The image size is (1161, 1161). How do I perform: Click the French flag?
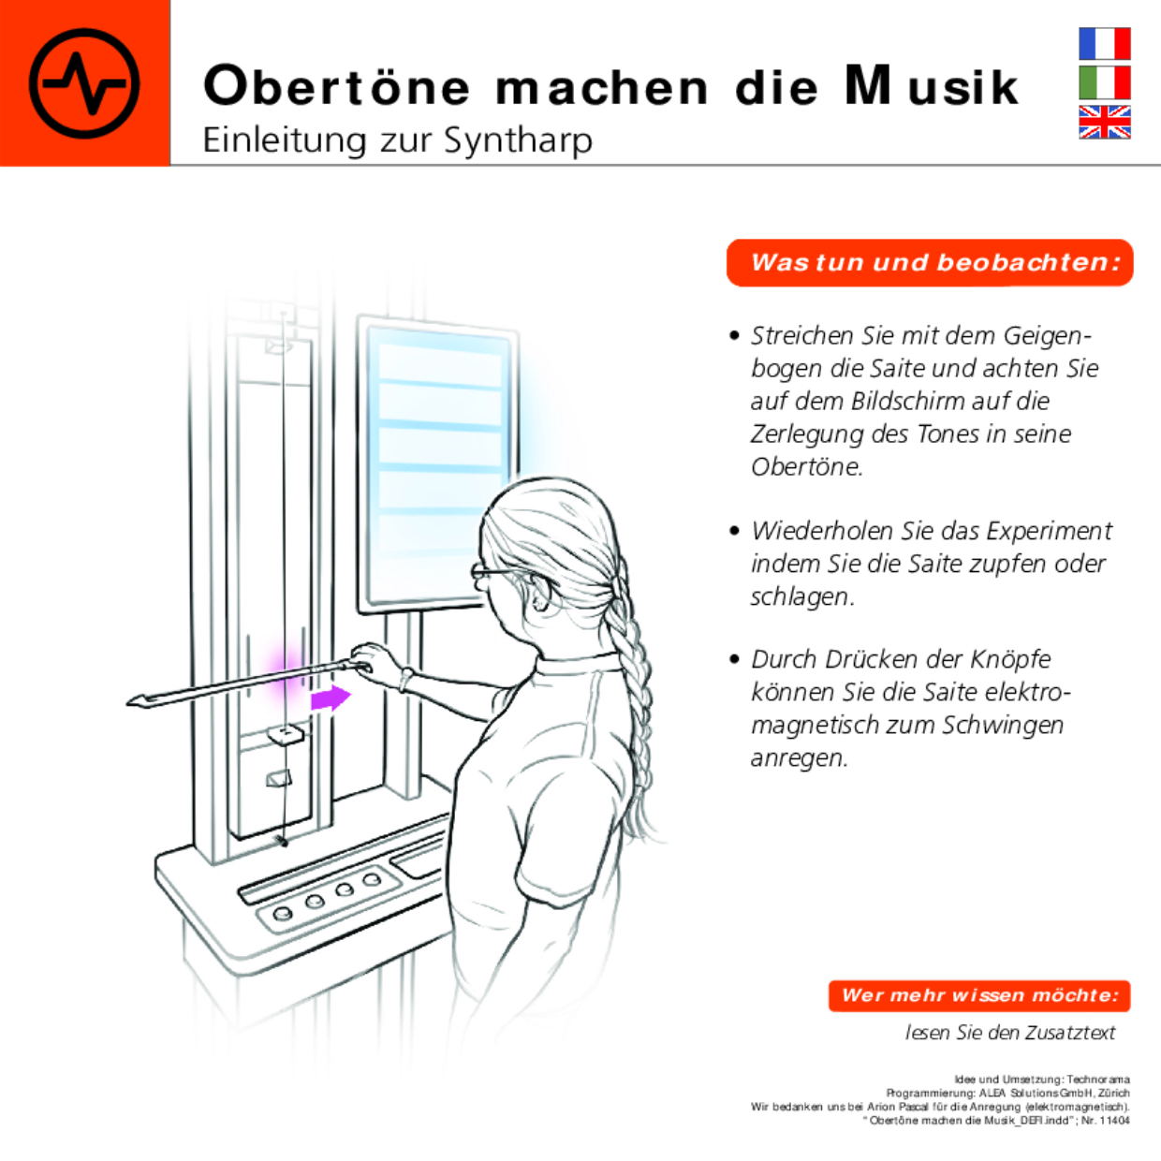pos(1104,44)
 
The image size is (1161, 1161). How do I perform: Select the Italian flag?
pos(1104,82)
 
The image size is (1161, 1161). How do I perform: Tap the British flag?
pos(1104,122)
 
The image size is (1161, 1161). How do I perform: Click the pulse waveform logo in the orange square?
pos(84,83)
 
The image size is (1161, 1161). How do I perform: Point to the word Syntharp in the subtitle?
pos(518,140)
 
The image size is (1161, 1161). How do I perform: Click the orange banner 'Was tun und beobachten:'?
pos(930,263)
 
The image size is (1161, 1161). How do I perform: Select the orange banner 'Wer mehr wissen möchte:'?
pos(979,995)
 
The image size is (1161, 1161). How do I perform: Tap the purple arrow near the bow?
pos(330,698)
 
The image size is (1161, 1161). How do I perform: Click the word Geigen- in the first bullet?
pos(1042,335)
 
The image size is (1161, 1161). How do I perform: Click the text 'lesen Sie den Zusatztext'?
pos(1009,1033)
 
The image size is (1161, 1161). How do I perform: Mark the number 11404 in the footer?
pos(1114,1120)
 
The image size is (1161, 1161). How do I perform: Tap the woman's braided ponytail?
pos(629,674)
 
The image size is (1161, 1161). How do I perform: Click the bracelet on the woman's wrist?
pos(405,678)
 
